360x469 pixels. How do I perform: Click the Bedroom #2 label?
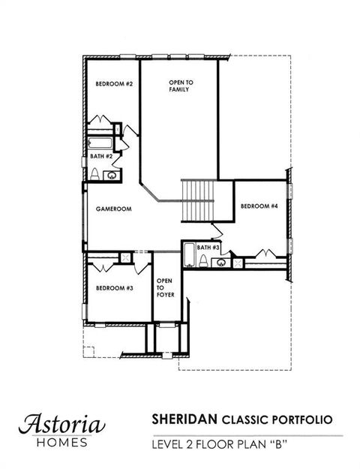(113, 84)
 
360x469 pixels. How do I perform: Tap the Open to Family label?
(178, 85)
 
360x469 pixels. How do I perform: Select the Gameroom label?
(114, 210)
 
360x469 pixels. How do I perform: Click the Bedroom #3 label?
(113, 287)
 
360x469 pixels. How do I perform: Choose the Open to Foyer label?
(165, 287)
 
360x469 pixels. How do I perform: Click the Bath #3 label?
(208, 247)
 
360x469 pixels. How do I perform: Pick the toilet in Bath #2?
(95, 174)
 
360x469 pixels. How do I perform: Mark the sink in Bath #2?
(112, 176)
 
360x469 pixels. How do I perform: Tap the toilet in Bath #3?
(204, 261)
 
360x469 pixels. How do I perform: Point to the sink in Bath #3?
(220, 263)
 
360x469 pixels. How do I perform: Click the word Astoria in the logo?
(62, 423)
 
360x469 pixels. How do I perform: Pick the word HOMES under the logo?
(62, 442)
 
